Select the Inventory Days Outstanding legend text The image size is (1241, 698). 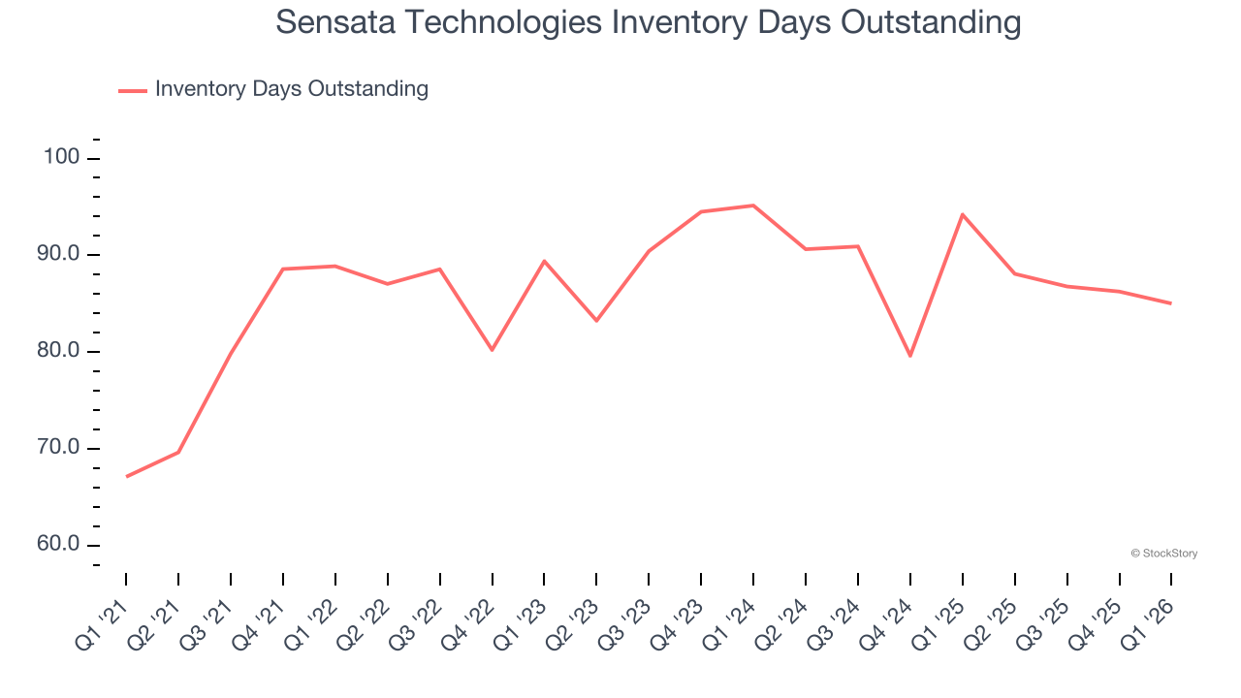(x=291, y=89)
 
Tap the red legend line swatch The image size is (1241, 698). (x=133, y=90)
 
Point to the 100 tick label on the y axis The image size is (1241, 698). (x=63, y=158)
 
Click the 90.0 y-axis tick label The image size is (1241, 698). (x=59, y=255)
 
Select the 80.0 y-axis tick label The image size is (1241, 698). (x=59, y=351)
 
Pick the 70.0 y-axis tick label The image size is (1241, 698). (x=59, y=448)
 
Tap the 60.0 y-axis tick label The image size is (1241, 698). (x=59, y=545)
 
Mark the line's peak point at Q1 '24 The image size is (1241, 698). (x=753, y=206)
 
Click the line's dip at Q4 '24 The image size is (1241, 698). (x=910, y=356)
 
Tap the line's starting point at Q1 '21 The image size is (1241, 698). (x=127, y=476)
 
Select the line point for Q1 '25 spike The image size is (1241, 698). (x=962, y=214)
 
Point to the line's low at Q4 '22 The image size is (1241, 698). (x=493, y=349)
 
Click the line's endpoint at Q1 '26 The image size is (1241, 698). (x=1171, y=303)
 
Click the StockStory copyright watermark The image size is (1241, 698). (x=1163, y=554)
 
